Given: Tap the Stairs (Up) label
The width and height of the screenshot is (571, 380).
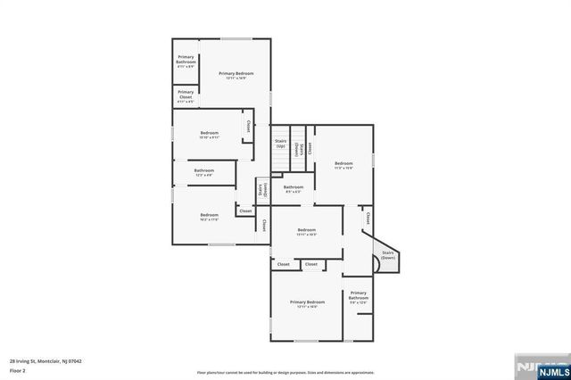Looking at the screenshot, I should pyautogui.click(x=280, y=143).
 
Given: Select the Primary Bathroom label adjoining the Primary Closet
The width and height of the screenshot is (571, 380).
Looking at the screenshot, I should pyautogui.click(x=186, y=61).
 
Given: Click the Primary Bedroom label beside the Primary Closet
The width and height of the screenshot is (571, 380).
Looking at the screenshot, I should pyautogui.click(x=236, y=75).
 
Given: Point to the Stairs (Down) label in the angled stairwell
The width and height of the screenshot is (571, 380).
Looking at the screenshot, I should pyautogui.click(x=388, y=255).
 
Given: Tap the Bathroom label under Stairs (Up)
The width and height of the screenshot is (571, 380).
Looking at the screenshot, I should pyautogui.click(x=294, y=188).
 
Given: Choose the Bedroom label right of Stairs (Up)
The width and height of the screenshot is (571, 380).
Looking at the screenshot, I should pyautogui.click(x=343, y=165).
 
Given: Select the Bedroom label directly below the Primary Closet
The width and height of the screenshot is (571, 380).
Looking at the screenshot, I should pyautogui.click(x=209, y=135).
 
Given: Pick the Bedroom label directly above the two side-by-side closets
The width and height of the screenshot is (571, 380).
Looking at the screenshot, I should pyautogui.click(x=307, y=232).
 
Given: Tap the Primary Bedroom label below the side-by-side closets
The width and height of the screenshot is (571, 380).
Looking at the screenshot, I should pyautogui.click(x=307, y=304).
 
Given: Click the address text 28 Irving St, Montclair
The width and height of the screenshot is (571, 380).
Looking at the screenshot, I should pyautogui.click(x=45, y=361).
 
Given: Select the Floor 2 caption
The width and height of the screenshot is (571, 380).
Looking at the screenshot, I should pyautogui.click(x=18, y=369).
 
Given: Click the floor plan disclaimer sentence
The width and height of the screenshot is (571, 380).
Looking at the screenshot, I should pyautogui.click(x=285, y=372).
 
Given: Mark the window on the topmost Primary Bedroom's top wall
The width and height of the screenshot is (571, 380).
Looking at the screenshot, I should pyautogui.click(x=236, y=38).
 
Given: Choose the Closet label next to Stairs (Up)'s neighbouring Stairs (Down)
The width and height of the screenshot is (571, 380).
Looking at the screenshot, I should pyautogui.click(x=310, y=146).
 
